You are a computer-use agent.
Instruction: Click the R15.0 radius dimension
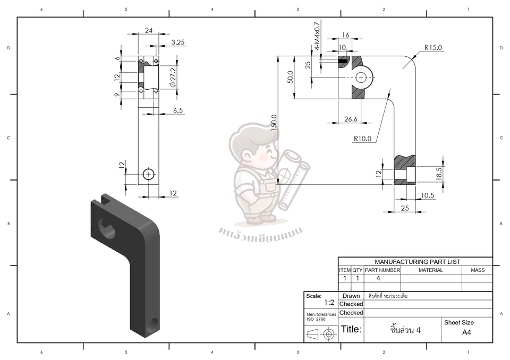[433, 48]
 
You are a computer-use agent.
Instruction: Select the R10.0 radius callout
[363, 139]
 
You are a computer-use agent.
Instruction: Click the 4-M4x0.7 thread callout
[317, 36]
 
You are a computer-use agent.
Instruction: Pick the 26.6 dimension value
[351, 119]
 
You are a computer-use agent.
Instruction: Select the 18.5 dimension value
[439, 173]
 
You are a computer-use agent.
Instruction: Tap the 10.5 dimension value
[428, 196]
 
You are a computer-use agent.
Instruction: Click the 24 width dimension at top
[148, 31]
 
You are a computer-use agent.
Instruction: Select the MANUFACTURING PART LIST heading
[418, 262]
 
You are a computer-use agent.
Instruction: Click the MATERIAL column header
[430, 270]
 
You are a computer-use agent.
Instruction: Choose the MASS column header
[477, 270]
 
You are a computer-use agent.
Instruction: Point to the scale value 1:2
[329, 303]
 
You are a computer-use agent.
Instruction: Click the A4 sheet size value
[466, 333]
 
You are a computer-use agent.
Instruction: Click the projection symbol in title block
[321, 335]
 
